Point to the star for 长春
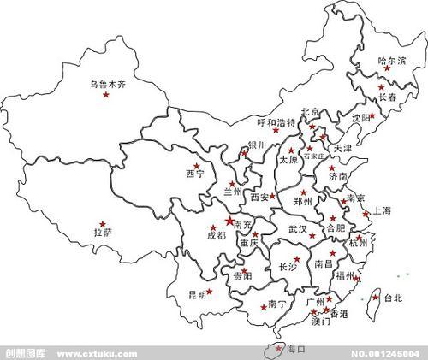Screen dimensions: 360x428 (382, 87)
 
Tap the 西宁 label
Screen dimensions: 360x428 (194, 174)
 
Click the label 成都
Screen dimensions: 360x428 (217, 235)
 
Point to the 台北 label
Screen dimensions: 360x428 (392, 298)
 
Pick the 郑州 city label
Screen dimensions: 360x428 (303, 202)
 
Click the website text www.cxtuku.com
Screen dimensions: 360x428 (98, 354)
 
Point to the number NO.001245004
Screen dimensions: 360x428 (386, 354)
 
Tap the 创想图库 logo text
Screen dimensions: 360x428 (26, 354)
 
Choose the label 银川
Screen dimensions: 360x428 (258, 145)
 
